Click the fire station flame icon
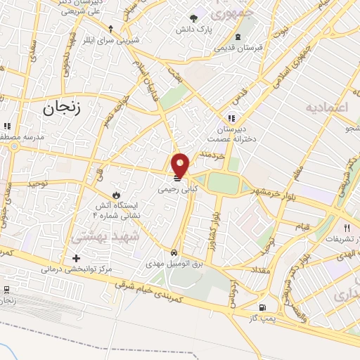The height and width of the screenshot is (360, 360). pos(116,193)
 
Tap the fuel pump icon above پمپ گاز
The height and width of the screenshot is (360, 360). pos(262,307)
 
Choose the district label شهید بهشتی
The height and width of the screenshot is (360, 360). pos(98,239)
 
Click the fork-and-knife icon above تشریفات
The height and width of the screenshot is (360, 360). pos(347,228)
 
